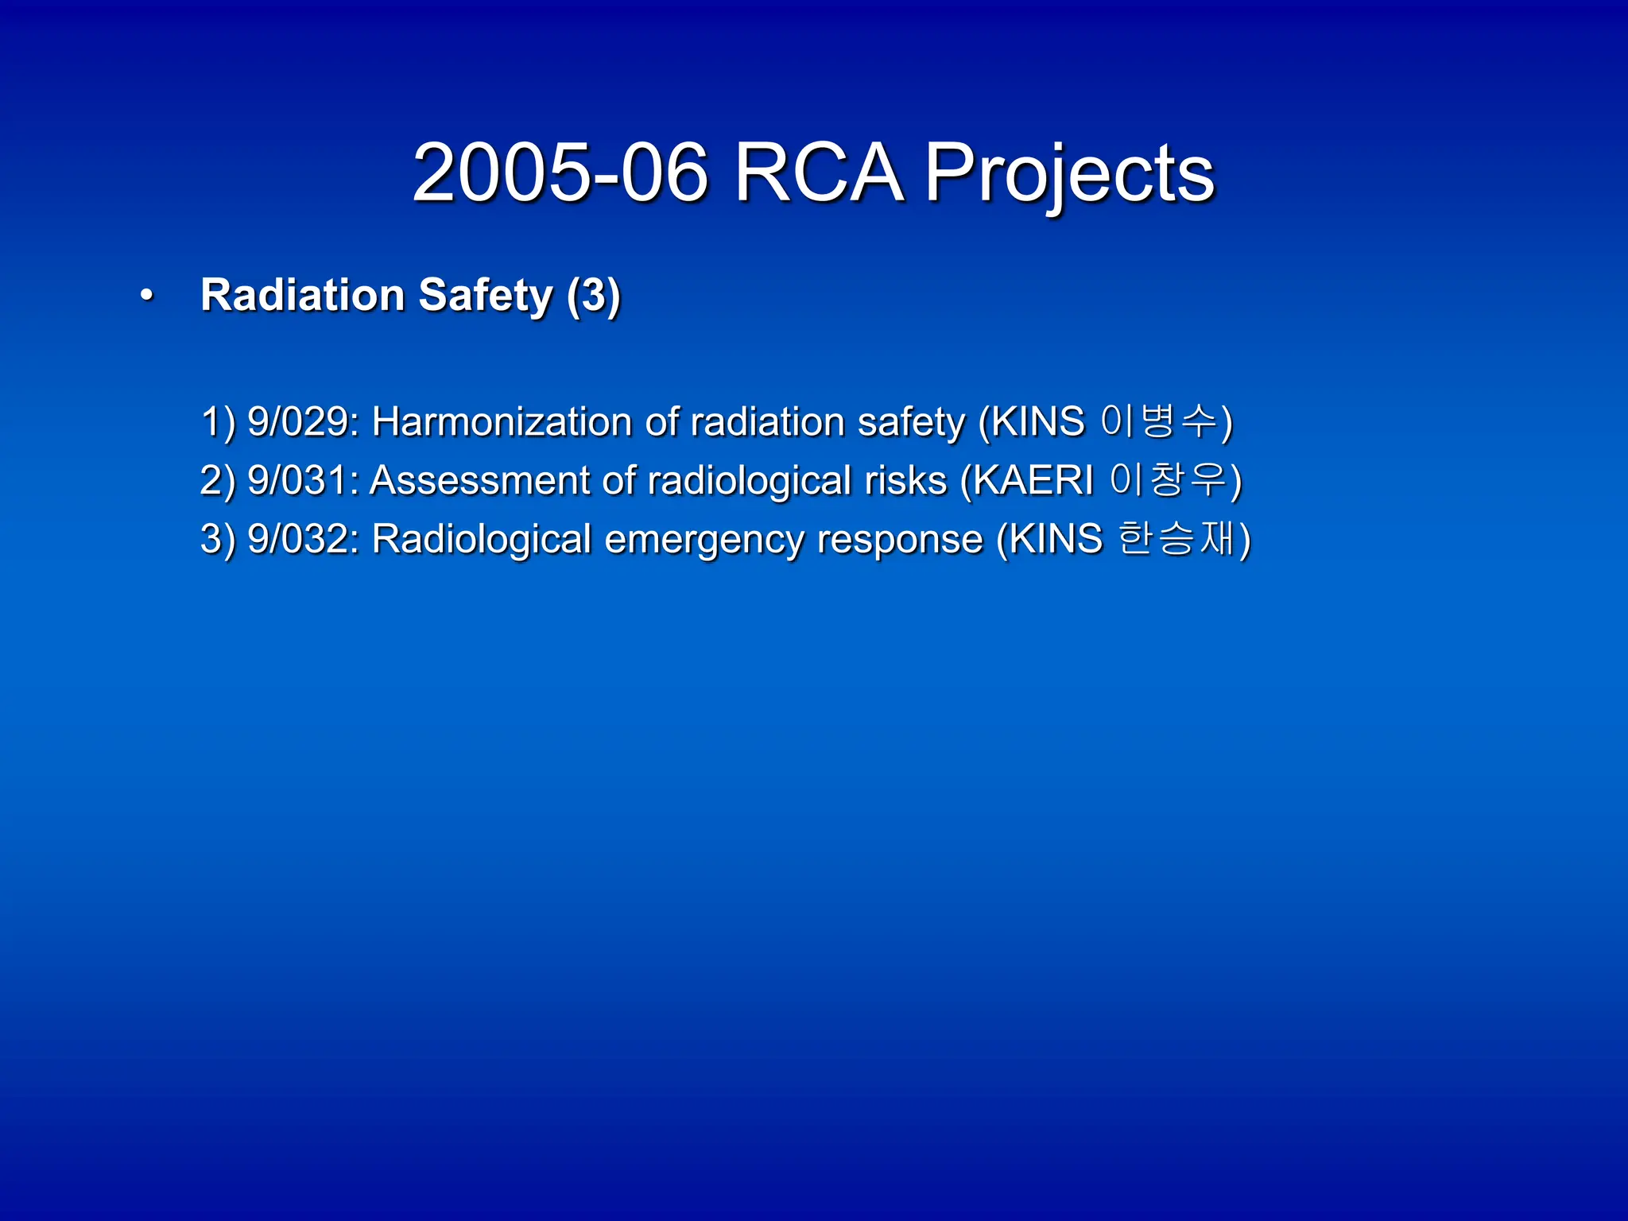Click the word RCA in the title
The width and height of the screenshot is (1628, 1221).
tap(818, 172)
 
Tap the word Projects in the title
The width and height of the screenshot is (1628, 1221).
tap(1069, 172)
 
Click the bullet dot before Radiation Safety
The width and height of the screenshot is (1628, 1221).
tap(146, 296)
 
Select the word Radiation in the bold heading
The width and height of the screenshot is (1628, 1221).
tap(303, 295)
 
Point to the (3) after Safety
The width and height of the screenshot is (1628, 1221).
tap(593, 295)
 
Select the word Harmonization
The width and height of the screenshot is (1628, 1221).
tap(502, 421)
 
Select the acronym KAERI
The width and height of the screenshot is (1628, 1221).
tap(1033, 480)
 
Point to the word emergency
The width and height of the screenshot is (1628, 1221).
tap(704, 539)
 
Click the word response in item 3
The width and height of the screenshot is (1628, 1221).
tap(900, 539)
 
